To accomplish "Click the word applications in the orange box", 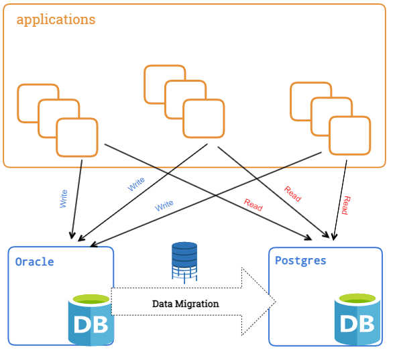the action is pos(56,20).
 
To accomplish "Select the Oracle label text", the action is pos(34,262).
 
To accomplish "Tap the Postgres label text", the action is pos(300,261).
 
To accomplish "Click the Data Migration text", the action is pos(185,304).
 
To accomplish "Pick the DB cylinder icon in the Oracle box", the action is pos(91,320).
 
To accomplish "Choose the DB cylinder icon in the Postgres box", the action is pos(357,319).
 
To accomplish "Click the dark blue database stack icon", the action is pos(184,263).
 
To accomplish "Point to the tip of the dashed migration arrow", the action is pos(276,302).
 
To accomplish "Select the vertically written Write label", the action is pos(64,198).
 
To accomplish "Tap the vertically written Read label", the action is pos(346,205).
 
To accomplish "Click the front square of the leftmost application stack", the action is pos(77,137).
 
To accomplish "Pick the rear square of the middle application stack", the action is pos(165,84).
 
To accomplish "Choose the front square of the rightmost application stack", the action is pos(350,135).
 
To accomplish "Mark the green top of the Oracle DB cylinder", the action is pos(91,299).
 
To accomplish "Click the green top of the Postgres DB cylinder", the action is pos(357,298).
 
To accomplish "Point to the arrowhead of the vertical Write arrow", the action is pos(72,235).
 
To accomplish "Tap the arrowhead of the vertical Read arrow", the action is pos(334,237).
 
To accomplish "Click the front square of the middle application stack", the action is pos(204,119).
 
